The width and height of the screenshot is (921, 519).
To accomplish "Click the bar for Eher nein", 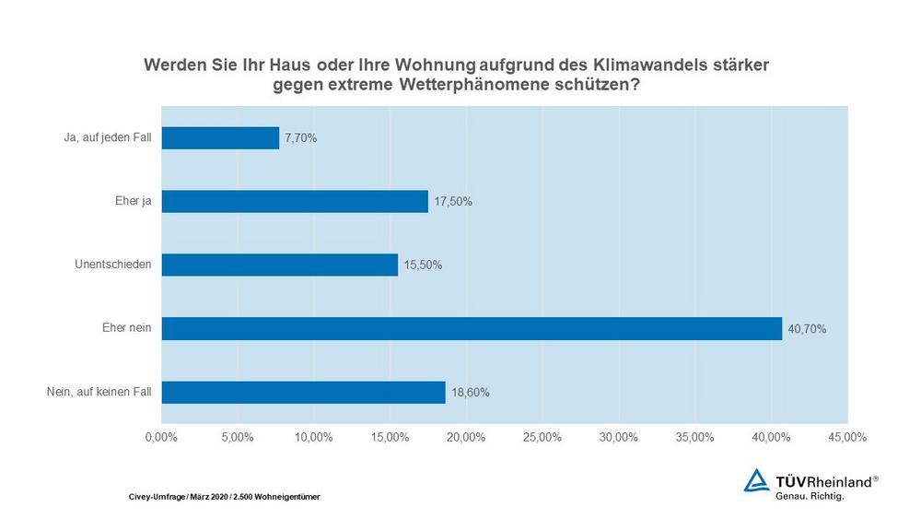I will tap(472, 328).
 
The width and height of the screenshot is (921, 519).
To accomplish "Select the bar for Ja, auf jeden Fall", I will tap(220, 138).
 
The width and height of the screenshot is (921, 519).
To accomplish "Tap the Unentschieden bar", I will tap(280, 265).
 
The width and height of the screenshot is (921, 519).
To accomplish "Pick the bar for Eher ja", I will tap(295, 201).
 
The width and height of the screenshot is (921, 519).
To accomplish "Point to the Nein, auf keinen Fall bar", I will tap(304, 392).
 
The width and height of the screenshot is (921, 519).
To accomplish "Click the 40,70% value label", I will tap(808, 328).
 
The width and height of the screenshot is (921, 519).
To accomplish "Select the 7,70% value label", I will tap(300, 138).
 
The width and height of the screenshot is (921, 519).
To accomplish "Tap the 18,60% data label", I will tap(471, 392).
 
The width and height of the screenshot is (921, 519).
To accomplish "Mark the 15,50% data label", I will tap(423, 265).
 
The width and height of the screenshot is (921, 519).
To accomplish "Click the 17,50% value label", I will tap(453, 201).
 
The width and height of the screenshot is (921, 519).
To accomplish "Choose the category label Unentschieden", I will tap(113, 265).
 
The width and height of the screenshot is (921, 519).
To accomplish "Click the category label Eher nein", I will tap(127, 328).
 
